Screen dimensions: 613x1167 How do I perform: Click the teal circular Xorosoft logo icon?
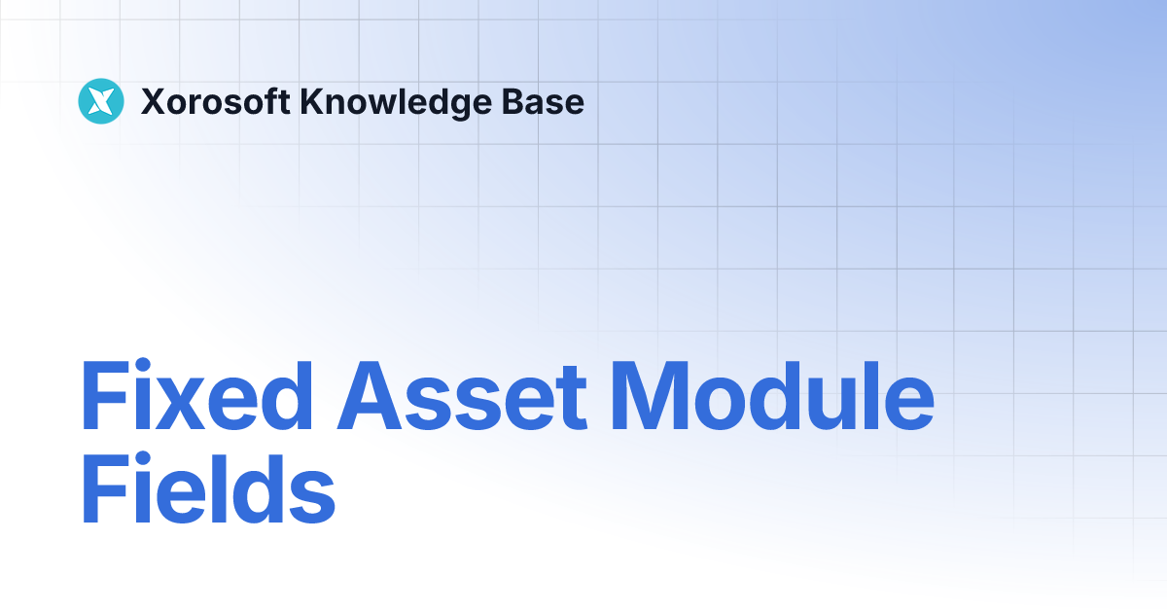pyautogui.click(x=102, y=101)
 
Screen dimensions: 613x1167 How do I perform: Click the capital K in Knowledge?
pyautogui.click(x=311, y=101)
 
